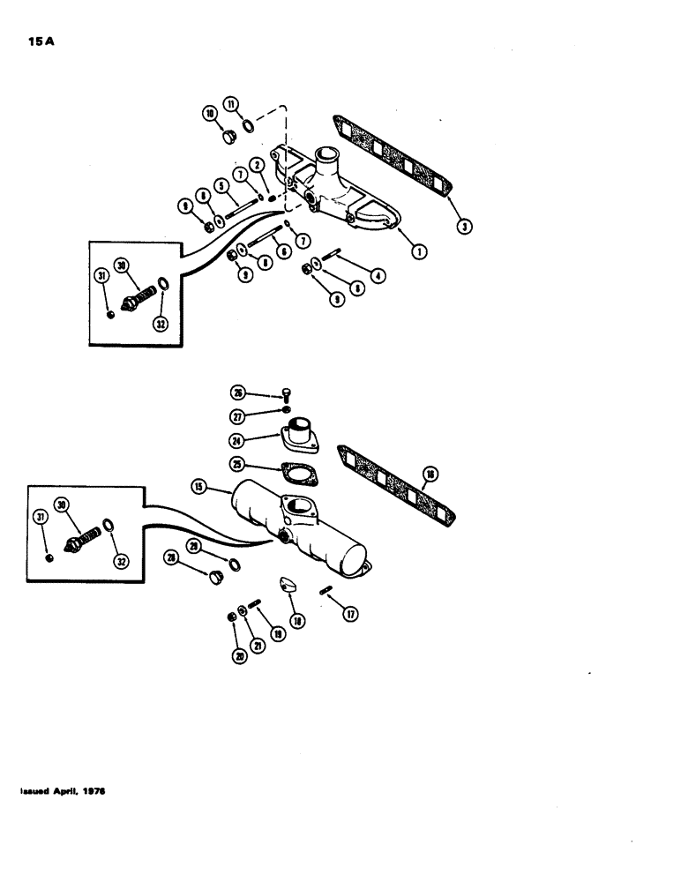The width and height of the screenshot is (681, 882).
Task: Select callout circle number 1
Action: point(421,251)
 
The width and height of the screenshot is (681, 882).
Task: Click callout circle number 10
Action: point(210,114)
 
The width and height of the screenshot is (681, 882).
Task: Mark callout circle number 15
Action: point(196,486)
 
